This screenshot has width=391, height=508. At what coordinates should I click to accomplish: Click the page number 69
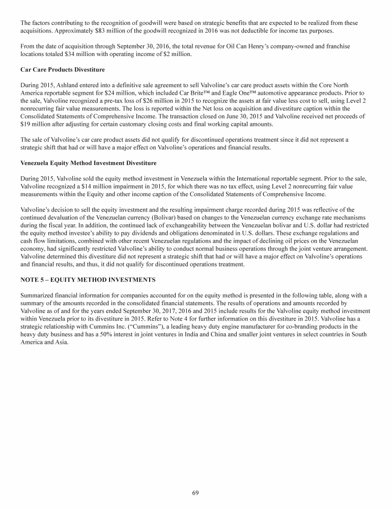[x=195, y=492]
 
